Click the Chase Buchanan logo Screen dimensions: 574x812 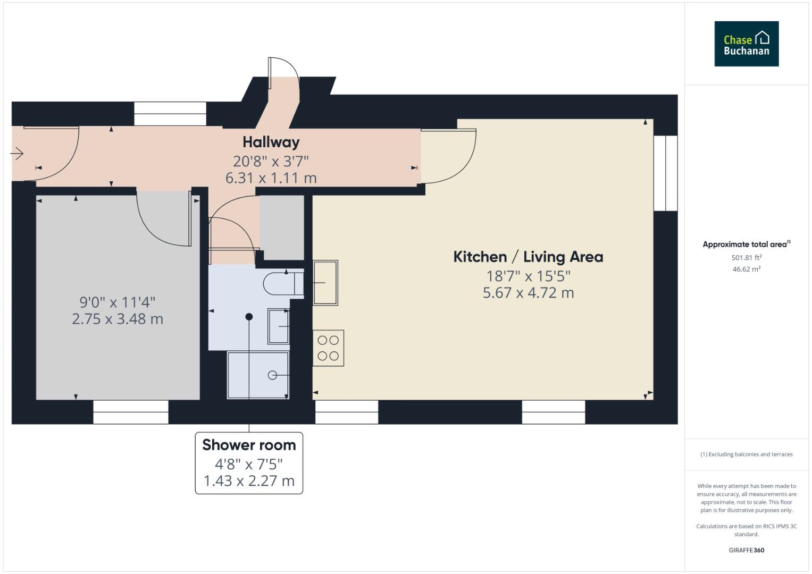pyautogui.click(x=746, y=44)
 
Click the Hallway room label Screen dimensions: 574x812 pyautogui.click(x=271, y=142)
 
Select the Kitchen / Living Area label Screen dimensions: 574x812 pyautogui.click(x=528, y=257)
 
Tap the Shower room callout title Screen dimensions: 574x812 pyautogui.click(x=249, y=445)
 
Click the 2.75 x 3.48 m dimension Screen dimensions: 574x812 pyautogui.click(x=118, y=319)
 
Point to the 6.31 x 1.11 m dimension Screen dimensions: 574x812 pyautogui.click(x=271, y=178)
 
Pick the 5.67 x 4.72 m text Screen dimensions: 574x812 pyautogui.click(x=528, y=293)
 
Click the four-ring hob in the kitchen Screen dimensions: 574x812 pyautogui.click(x=328, y=348)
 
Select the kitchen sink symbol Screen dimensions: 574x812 pyautogui.click(x=325, y=282)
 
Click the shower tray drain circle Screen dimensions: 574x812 pyautogui.click(x=272, y=375)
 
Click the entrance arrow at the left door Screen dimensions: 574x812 pyautogui.click(x=17, y=154)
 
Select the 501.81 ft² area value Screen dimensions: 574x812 pyautogui.click(x=746, y=258)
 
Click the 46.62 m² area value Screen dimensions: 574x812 pyautogui.click(x=746, y=269)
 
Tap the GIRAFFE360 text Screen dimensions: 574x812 pyautogui.click(x=746, y=550)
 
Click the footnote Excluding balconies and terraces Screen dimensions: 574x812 pyautogui.click(x=746, y=454)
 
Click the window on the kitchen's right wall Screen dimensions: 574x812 pyautogui.click(x=665, y=173)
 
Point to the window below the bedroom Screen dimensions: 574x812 pyautogui.click(x=131, y=412)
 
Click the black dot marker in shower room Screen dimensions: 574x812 pyautogui.click(x=249, y=317)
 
